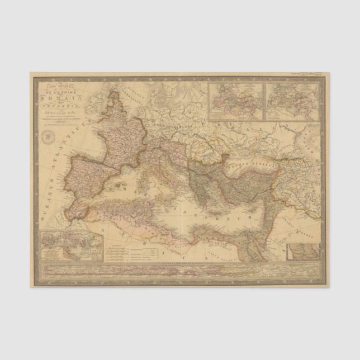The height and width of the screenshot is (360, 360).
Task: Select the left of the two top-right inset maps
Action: [x=235, y=101]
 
